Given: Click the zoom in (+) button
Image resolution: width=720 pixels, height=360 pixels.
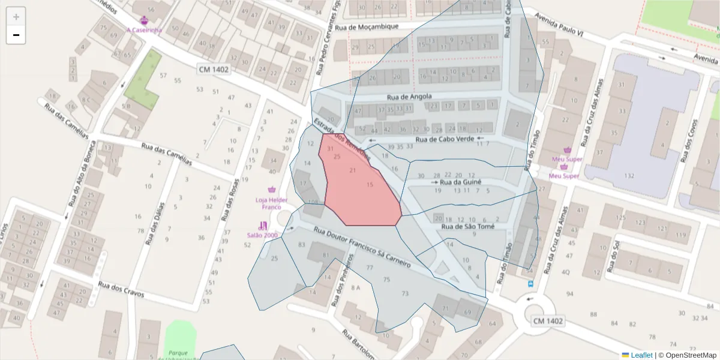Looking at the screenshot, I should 16,17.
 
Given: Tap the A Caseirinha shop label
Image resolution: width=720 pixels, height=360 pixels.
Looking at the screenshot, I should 144,30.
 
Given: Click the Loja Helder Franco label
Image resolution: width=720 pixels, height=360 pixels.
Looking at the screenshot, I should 272,203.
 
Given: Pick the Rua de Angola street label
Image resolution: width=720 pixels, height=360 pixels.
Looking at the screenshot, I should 409,97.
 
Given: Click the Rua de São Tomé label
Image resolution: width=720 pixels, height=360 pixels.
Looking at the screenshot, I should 467,227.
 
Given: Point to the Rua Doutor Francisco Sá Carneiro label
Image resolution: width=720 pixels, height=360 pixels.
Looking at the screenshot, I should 363,246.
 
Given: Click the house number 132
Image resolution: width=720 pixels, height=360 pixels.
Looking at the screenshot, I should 629,175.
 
